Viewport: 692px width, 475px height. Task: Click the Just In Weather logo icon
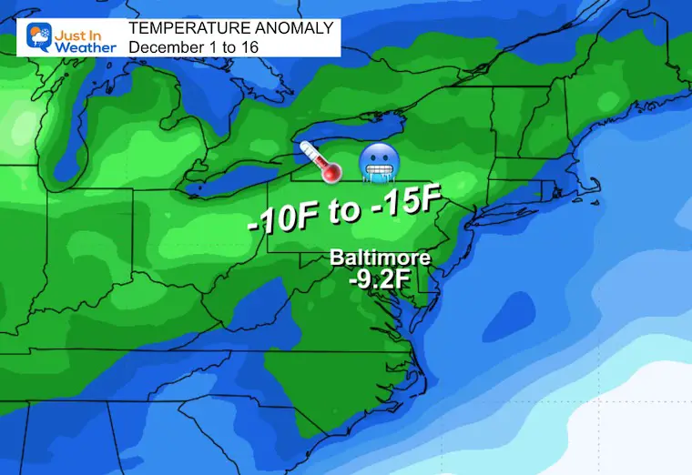tap(40, 36)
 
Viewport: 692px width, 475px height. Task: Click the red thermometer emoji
tap(321, 161)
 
